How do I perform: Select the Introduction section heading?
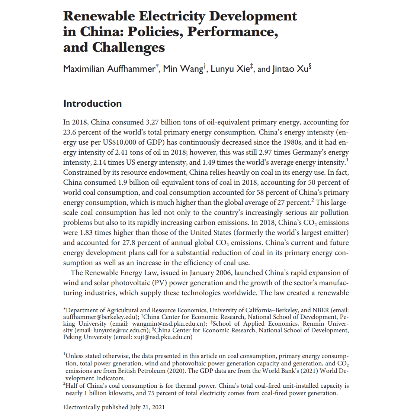(x=92, y=103)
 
